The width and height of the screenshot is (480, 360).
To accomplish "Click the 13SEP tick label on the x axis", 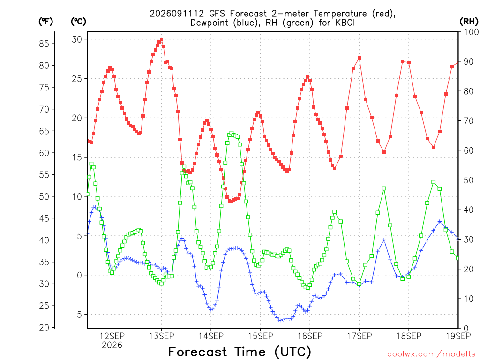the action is coord(161,336).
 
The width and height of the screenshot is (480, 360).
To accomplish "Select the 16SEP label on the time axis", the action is coord(310,336).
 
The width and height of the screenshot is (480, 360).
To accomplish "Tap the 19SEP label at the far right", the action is coord(458,336).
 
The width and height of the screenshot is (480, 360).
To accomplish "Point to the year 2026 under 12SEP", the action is coord(112,345).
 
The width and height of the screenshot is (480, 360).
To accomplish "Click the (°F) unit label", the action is coord(45,22).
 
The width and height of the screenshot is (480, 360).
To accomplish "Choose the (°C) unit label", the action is coord(78,22).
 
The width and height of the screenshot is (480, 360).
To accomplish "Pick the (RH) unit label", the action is coord(469,22).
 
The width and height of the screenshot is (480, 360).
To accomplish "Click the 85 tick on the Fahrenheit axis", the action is coord(44,44).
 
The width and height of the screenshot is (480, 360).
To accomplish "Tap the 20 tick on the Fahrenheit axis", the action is coord(44,328).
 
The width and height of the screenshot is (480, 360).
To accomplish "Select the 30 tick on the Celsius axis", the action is coord(77,39).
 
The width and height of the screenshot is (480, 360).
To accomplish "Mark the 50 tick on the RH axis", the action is coord(469,180).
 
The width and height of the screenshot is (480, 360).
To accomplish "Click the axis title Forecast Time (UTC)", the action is coord(240,352).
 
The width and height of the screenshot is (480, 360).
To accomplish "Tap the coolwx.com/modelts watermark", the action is coord(431,354).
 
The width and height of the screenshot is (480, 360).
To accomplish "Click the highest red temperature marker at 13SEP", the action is coord(162,40).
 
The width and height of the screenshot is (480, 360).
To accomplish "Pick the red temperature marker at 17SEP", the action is coord(360,58).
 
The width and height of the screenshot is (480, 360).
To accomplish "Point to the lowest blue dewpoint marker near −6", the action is coord(279,320).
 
